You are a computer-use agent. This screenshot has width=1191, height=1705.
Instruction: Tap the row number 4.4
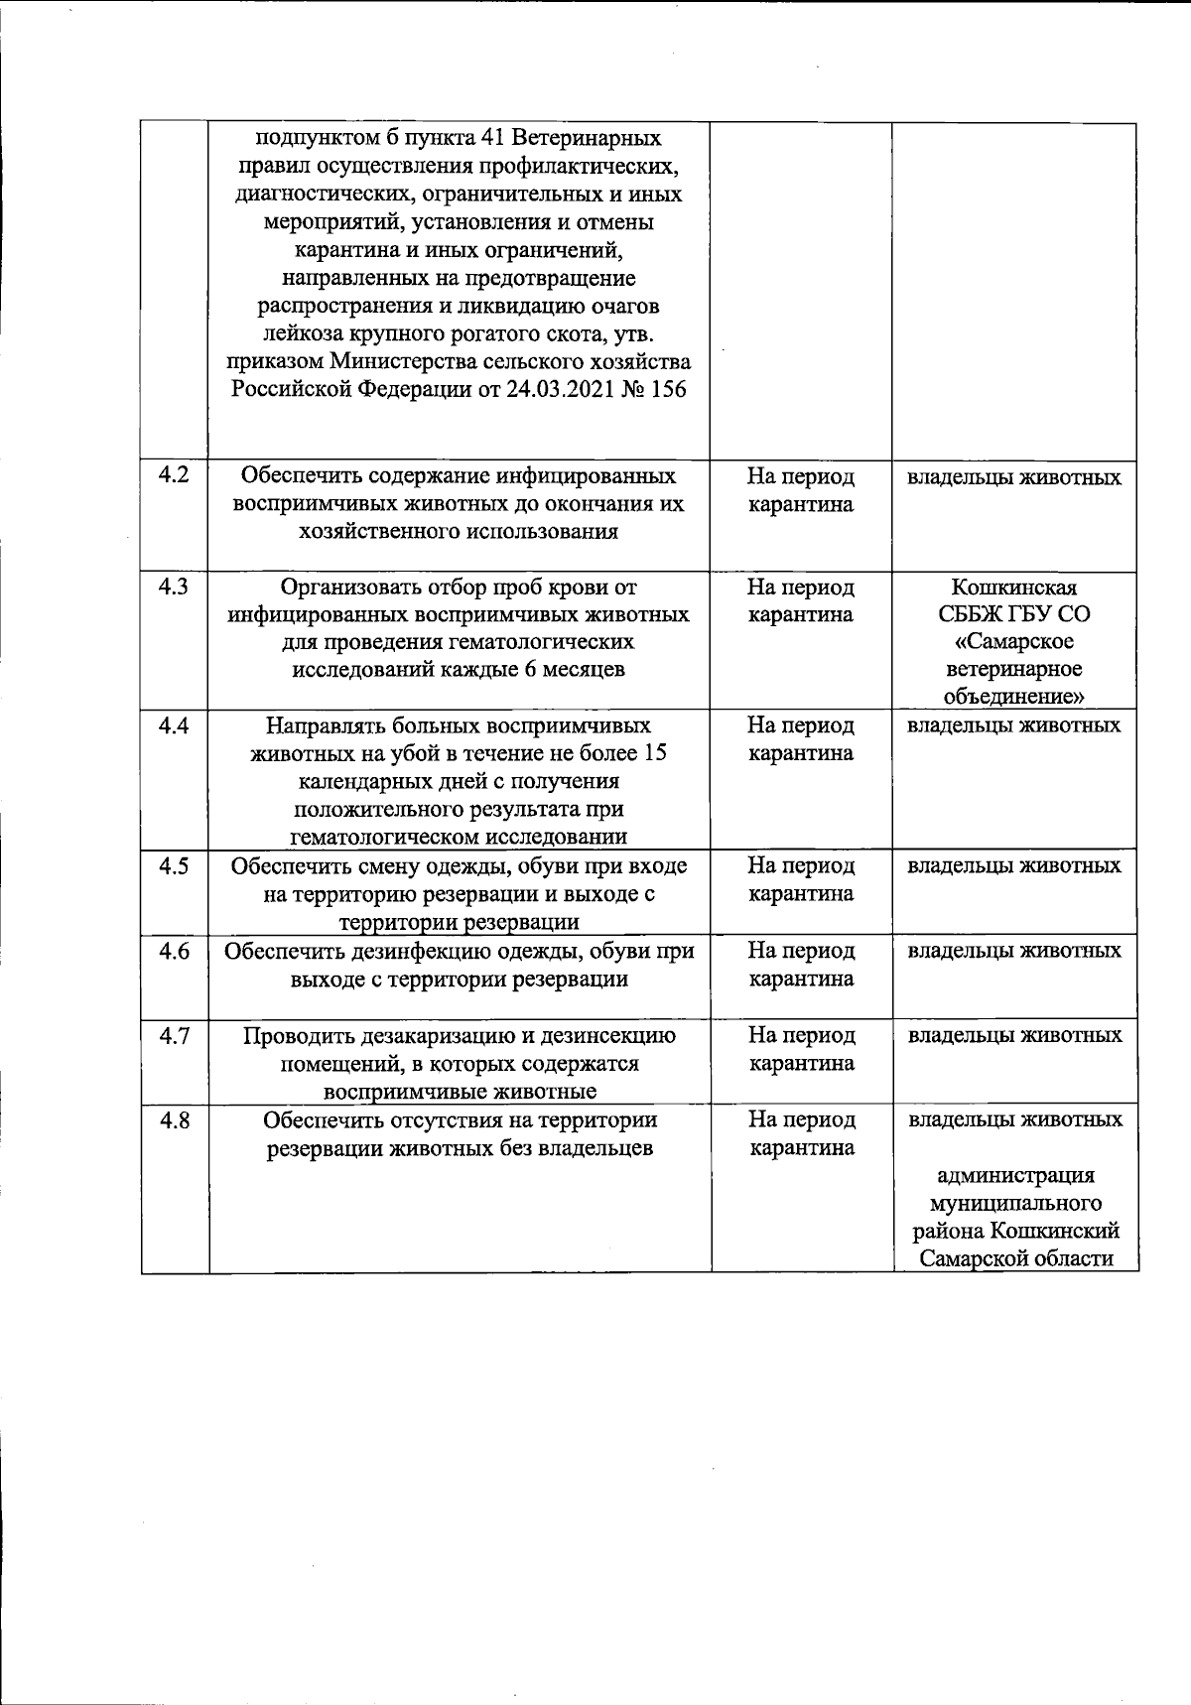(174, 725)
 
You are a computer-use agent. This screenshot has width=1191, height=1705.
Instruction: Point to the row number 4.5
(174, 865)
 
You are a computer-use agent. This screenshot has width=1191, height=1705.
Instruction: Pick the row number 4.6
(174, 950)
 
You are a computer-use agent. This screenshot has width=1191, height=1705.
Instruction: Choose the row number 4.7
(174, 1035)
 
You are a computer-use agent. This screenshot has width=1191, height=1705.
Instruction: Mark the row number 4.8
(174, 1120)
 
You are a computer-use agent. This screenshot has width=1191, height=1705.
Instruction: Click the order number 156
(667, 389)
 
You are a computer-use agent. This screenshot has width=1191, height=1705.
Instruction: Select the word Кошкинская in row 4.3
(1013, 587)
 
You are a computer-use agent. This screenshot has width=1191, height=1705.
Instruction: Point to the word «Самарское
(1013, 642)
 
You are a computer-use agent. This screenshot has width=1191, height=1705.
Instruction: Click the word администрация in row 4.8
(1016, 1176)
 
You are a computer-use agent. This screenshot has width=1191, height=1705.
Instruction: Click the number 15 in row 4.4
(654, 753)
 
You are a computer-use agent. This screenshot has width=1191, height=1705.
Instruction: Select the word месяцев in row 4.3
(583, 669)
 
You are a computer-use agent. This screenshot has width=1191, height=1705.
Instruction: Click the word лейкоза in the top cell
(312, 333)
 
